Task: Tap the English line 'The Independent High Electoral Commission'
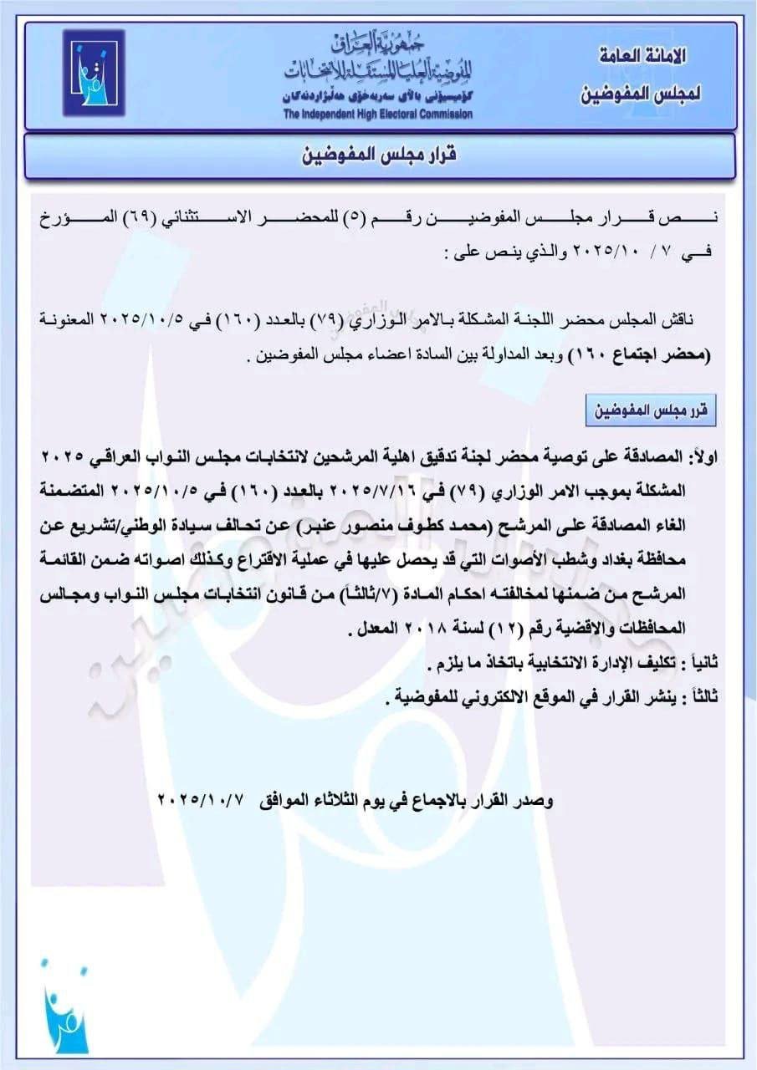pos(377,115)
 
